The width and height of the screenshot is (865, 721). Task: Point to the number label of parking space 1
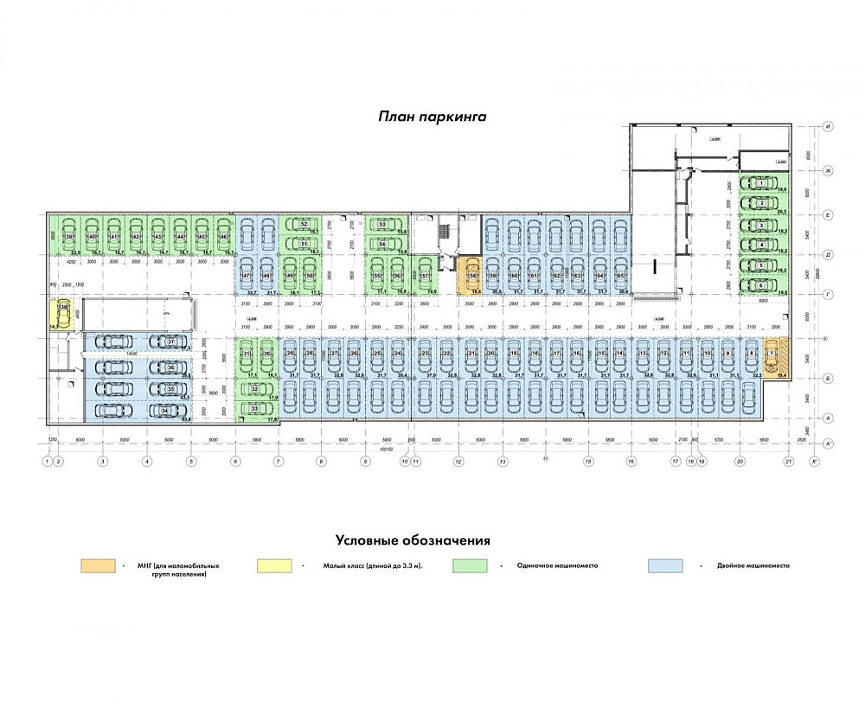[760, 183]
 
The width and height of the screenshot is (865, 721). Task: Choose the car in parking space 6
[760, 284]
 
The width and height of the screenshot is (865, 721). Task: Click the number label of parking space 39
[67, 236]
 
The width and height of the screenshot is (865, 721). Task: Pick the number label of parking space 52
[304, 224]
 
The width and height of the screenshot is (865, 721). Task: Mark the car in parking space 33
[255, 408]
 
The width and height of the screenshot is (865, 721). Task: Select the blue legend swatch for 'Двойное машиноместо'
[665, 565]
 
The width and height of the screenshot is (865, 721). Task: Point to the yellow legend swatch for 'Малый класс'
[274, 565]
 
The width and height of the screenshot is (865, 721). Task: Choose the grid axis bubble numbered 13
[502, 463]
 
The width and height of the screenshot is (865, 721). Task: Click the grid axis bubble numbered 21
[788, 463]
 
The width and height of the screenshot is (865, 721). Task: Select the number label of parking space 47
[246, 276]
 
